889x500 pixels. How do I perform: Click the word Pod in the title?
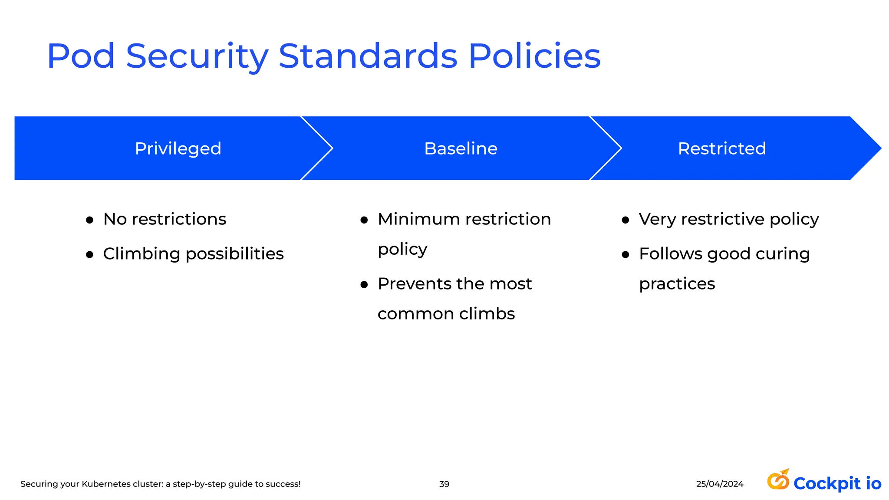pyautogui.click(x=81, y=56)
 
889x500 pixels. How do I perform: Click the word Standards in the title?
pyautogui.click(x=368, y=56)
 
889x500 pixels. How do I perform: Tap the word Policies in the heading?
pyautogui.click(x=534, y=56)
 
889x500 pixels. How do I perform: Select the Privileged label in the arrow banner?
pyautogui.click(x=178, y=149)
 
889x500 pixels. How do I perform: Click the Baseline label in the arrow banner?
pyautogui.click(x=461, y=149)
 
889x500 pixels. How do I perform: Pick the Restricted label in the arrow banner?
pyautogui.click(x=722, y=149)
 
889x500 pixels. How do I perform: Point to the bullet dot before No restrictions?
pyautogui.click(x=90, y=220)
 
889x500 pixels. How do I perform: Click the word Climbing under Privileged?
pyautogui.click(x=142, y=254)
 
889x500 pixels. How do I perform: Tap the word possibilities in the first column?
pyautogui.click(x=234, y=254)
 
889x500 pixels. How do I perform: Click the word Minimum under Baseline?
pyautogui.click(x=418, y=219)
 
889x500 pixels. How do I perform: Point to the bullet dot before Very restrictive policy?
pyautogui.click(x=626, y=220)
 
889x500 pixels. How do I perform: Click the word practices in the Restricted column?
pyautogui.click(x=677, y=284)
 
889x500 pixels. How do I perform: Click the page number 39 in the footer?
pyautogui.click(x=444, y=484)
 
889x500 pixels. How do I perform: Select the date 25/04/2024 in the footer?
pyautogui.click(x=720, y=484)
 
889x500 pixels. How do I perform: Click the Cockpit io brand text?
pyautogui.click(x=837, y=484)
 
